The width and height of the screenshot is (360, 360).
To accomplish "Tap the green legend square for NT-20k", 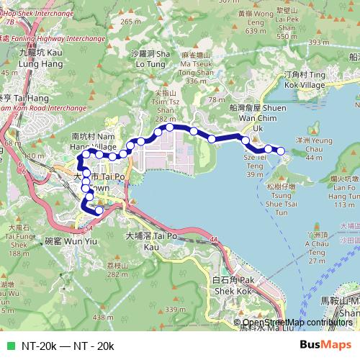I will [9, 346].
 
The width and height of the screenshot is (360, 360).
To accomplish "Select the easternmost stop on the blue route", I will [281, 150].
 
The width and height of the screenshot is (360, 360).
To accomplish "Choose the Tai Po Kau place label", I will [151, 240].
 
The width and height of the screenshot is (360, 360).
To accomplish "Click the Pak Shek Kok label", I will [235, 285].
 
